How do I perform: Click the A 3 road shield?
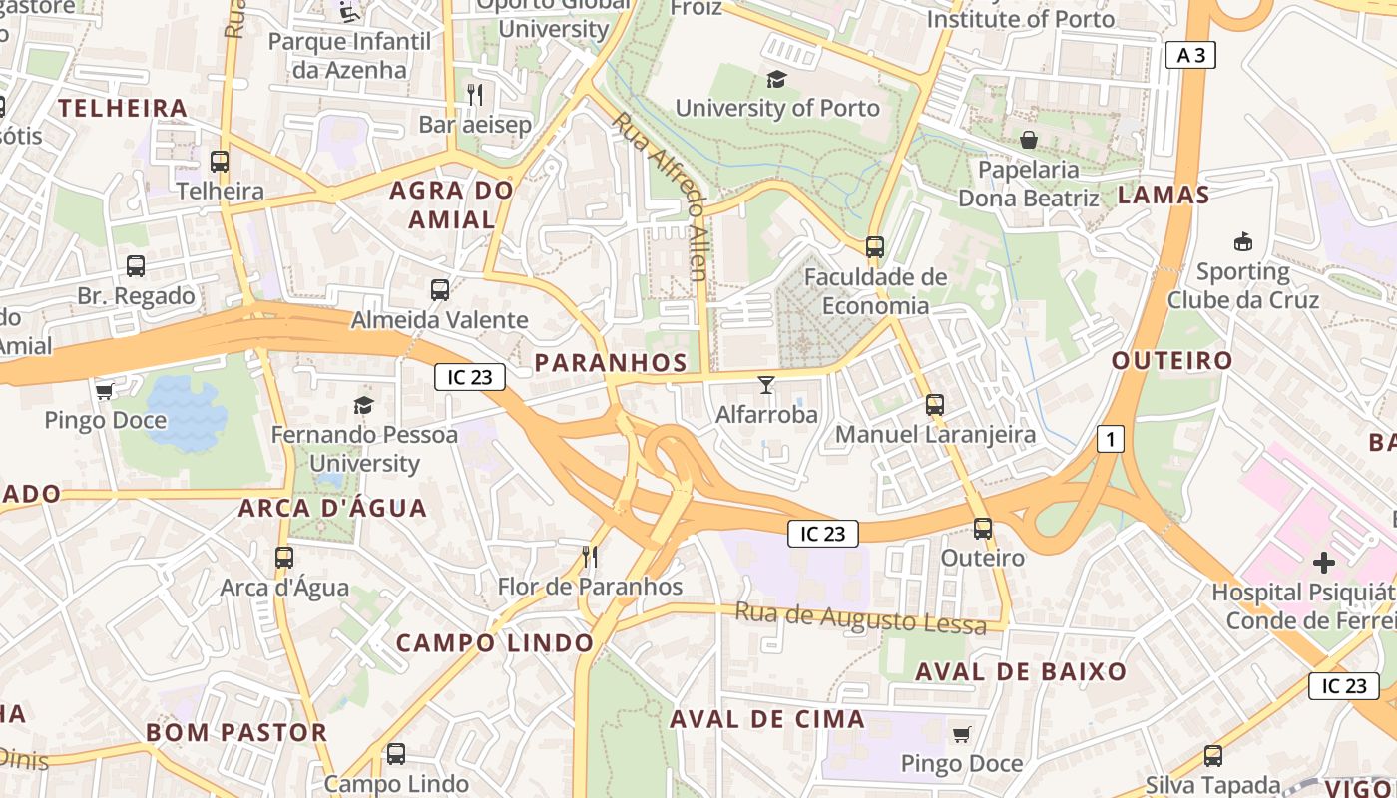click(1190, 55)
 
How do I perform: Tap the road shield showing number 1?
click(1110, 438)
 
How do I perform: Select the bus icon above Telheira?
click(220, 161)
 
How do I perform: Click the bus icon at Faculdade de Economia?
click(875, 246)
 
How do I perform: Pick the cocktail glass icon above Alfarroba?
click(766, 384)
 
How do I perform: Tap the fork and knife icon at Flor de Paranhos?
click(590, 556)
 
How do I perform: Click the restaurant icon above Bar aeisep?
click(475, 95)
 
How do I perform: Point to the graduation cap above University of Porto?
click(776, 79)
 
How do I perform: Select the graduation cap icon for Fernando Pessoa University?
click(363, 405)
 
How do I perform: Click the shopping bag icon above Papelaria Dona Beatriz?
click(1028, 140)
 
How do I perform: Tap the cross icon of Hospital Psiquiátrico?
click(1323, 563)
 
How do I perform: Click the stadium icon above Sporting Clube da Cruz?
click(1243, 241)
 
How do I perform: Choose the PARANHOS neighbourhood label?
click(611, 363)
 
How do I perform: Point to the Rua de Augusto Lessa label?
click(860, 617)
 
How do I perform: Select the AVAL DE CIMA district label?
click(766, 719)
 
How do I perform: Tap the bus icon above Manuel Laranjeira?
click(935, 404)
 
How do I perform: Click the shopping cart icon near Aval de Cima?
click(961, 734)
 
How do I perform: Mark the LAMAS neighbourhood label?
click(1163, 195)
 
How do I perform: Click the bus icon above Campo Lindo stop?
click(396, 754)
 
